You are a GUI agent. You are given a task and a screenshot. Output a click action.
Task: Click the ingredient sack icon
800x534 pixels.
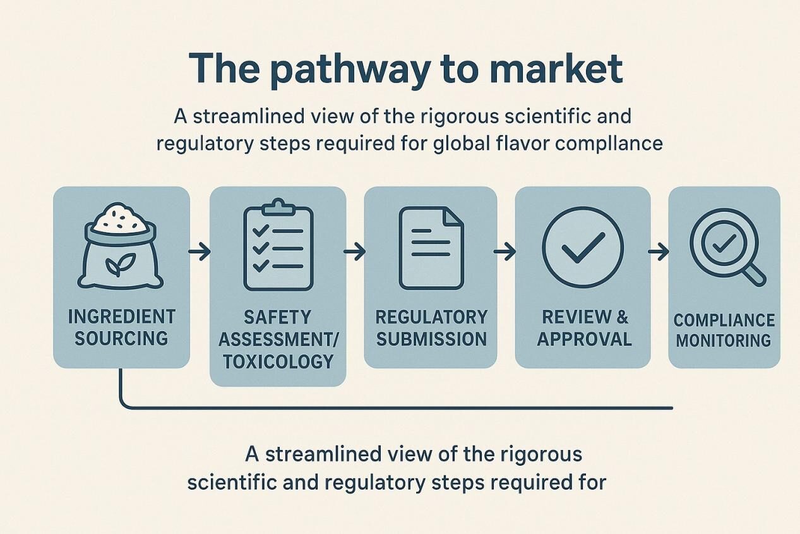point(121,246)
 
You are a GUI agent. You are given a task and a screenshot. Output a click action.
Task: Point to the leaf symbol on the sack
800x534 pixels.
point(115,266)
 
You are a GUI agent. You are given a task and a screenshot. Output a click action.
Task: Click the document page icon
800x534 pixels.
point(431,247)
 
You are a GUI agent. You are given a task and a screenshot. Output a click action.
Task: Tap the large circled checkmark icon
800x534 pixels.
point(582,247)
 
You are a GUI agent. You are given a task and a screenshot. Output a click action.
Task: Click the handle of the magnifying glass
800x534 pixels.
point(754,274)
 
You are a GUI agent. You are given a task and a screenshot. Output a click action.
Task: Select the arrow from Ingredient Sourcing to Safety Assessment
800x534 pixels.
point(200,252)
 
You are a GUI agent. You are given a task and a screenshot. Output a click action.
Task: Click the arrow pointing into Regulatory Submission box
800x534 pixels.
point(355,252)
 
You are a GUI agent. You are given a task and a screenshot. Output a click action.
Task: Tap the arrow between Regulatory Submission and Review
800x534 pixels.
point(504,252)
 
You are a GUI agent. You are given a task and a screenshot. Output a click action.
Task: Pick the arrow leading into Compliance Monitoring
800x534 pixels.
point(659,252)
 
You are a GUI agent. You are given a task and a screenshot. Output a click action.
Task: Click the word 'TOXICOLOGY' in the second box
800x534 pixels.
point(278,361)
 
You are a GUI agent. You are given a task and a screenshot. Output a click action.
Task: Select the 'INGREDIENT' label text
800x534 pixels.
point(121,316)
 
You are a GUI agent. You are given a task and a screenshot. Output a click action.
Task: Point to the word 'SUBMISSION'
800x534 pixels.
point(432,339)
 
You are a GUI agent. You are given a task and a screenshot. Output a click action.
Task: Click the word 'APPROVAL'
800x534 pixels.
point(583,339)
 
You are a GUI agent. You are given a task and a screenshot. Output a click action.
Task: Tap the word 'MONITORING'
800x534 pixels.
point(724,341)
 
